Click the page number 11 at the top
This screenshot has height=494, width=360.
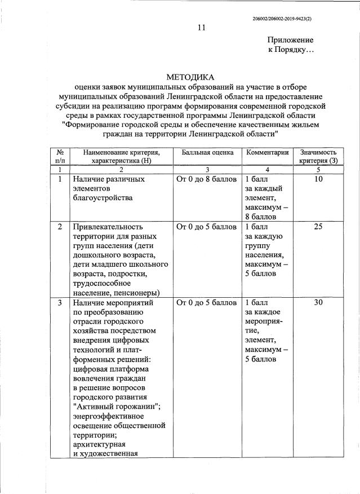(x=201, y=28)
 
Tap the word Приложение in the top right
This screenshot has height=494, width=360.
(x=290, y=40)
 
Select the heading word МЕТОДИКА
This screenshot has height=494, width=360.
(x=191, y=77)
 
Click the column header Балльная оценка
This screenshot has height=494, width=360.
(x=207, y=152)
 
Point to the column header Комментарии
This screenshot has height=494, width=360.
(x=268, y=152)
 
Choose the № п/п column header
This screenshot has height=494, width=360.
(x=60, y=156)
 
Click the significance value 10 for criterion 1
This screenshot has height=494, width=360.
(x=318, y=179)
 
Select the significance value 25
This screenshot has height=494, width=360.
(x=318, y=227)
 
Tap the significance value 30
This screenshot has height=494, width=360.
(x=318, y=303)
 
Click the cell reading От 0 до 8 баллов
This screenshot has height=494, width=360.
(x=206, y=179)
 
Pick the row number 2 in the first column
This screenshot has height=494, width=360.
(x=60, y=227)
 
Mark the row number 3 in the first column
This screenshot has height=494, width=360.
(x=60, y=303)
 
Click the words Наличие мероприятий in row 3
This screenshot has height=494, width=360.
(x=113, y=303)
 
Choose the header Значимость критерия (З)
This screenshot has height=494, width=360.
(x=318, y=156)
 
